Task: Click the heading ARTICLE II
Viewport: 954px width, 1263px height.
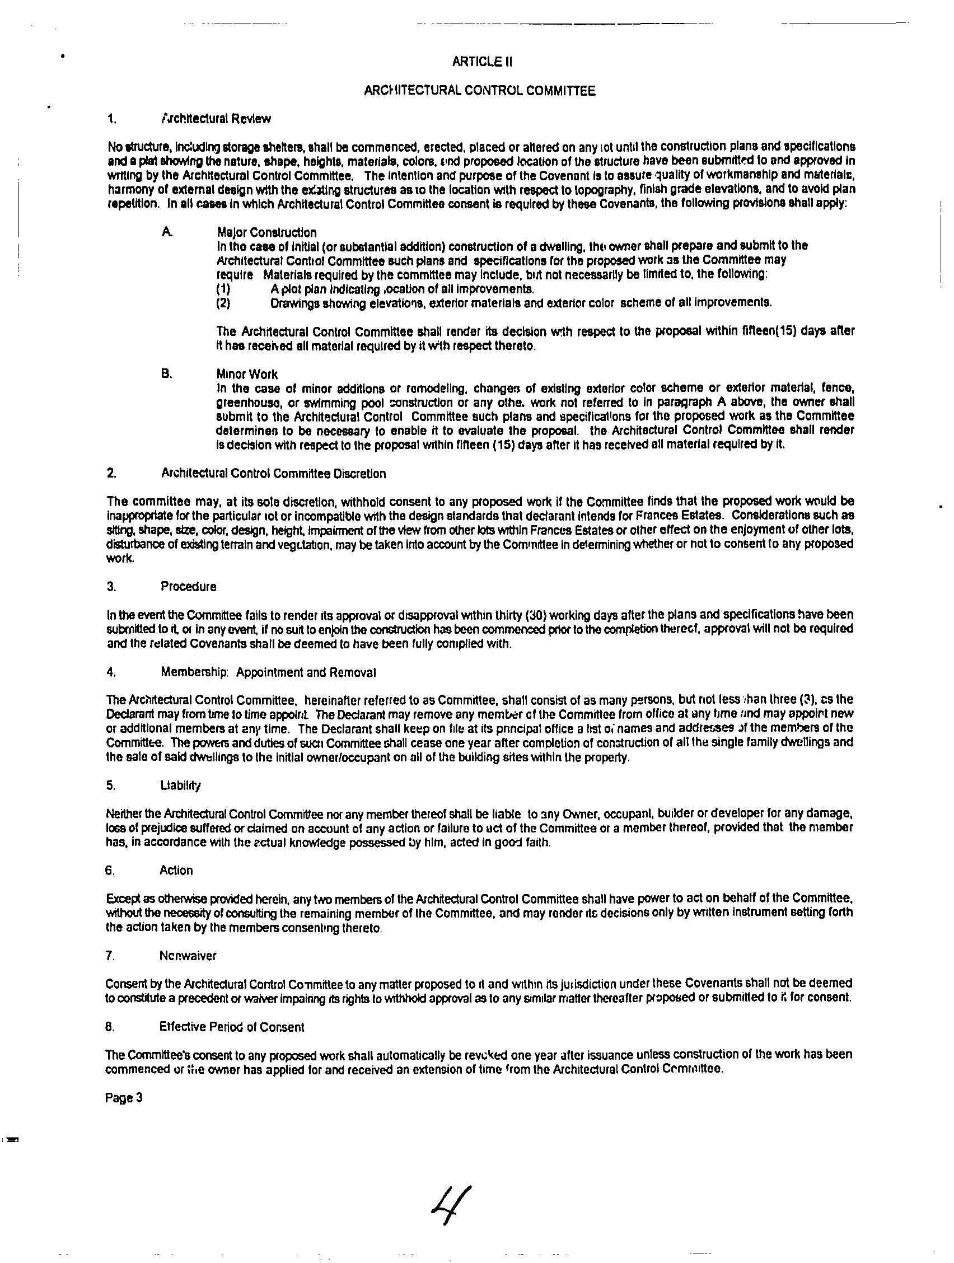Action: pos(482,62)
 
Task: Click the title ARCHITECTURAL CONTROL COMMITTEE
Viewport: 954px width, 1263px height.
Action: pos(480,91)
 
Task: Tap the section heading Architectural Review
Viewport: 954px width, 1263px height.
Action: pos(216,119)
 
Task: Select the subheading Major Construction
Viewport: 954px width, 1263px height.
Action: pos(266,232)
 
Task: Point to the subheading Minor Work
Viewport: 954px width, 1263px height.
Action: pos(247,375)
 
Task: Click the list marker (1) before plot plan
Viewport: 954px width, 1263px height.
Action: pos(223,289)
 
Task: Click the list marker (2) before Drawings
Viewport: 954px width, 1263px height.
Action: pos(223,303)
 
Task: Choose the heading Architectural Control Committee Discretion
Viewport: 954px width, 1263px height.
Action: pos(273,474)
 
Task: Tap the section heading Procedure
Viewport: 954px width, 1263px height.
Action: pos(189,587)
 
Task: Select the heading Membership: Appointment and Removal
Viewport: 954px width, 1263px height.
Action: pos(268,672)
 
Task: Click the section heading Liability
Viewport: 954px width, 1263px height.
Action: pos(180,785)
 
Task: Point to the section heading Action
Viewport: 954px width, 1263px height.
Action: pos(176,871)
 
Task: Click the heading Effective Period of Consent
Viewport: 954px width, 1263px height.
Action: pos(232,1027)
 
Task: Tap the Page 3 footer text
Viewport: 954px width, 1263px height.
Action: pos(123,1098)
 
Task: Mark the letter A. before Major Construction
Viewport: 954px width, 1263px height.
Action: pos(166,232)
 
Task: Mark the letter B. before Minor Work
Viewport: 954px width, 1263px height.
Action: pos(166,374)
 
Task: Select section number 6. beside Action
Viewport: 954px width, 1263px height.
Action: pos(110,871)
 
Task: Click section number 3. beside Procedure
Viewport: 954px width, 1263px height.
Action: pos(111,587)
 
